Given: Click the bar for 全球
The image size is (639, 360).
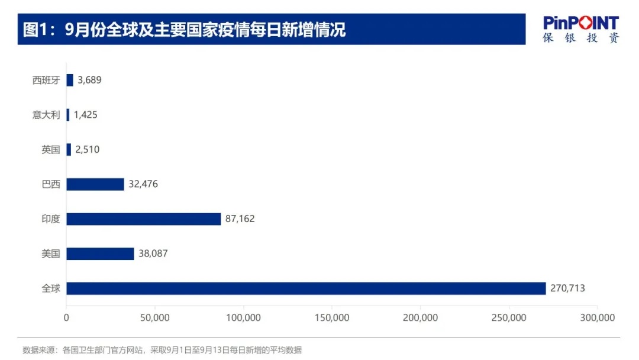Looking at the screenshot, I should (306, 288).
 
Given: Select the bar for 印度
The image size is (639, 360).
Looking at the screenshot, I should (143, 219).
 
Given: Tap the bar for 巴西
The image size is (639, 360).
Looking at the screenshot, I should (95, 184).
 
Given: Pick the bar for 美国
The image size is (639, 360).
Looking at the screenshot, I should (100, 253).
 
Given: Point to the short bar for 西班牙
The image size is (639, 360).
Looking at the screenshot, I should (70, 80).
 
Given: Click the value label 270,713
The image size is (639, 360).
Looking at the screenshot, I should (567, 288).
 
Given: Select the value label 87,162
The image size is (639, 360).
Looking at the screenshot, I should (240, 219).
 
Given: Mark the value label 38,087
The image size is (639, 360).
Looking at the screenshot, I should (153, 253).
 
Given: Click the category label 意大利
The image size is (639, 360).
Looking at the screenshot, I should (46, 115).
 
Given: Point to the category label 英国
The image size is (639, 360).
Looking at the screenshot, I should (51, 150).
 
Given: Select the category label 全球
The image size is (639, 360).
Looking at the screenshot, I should (51, 288).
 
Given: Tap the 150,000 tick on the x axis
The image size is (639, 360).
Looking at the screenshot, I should (332, 318).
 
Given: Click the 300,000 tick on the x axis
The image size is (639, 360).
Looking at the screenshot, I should (598, 318).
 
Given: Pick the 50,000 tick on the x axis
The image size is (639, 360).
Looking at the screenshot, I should (154, 318).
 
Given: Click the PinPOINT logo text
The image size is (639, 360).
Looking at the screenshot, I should (581, 23).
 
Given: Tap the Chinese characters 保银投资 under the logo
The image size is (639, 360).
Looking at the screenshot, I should (581, 38).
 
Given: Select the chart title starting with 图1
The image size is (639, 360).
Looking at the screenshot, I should (184, 30).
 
